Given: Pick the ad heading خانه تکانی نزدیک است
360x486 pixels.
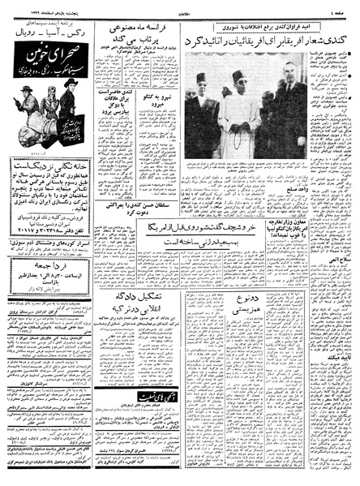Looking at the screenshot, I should [49, 163].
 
